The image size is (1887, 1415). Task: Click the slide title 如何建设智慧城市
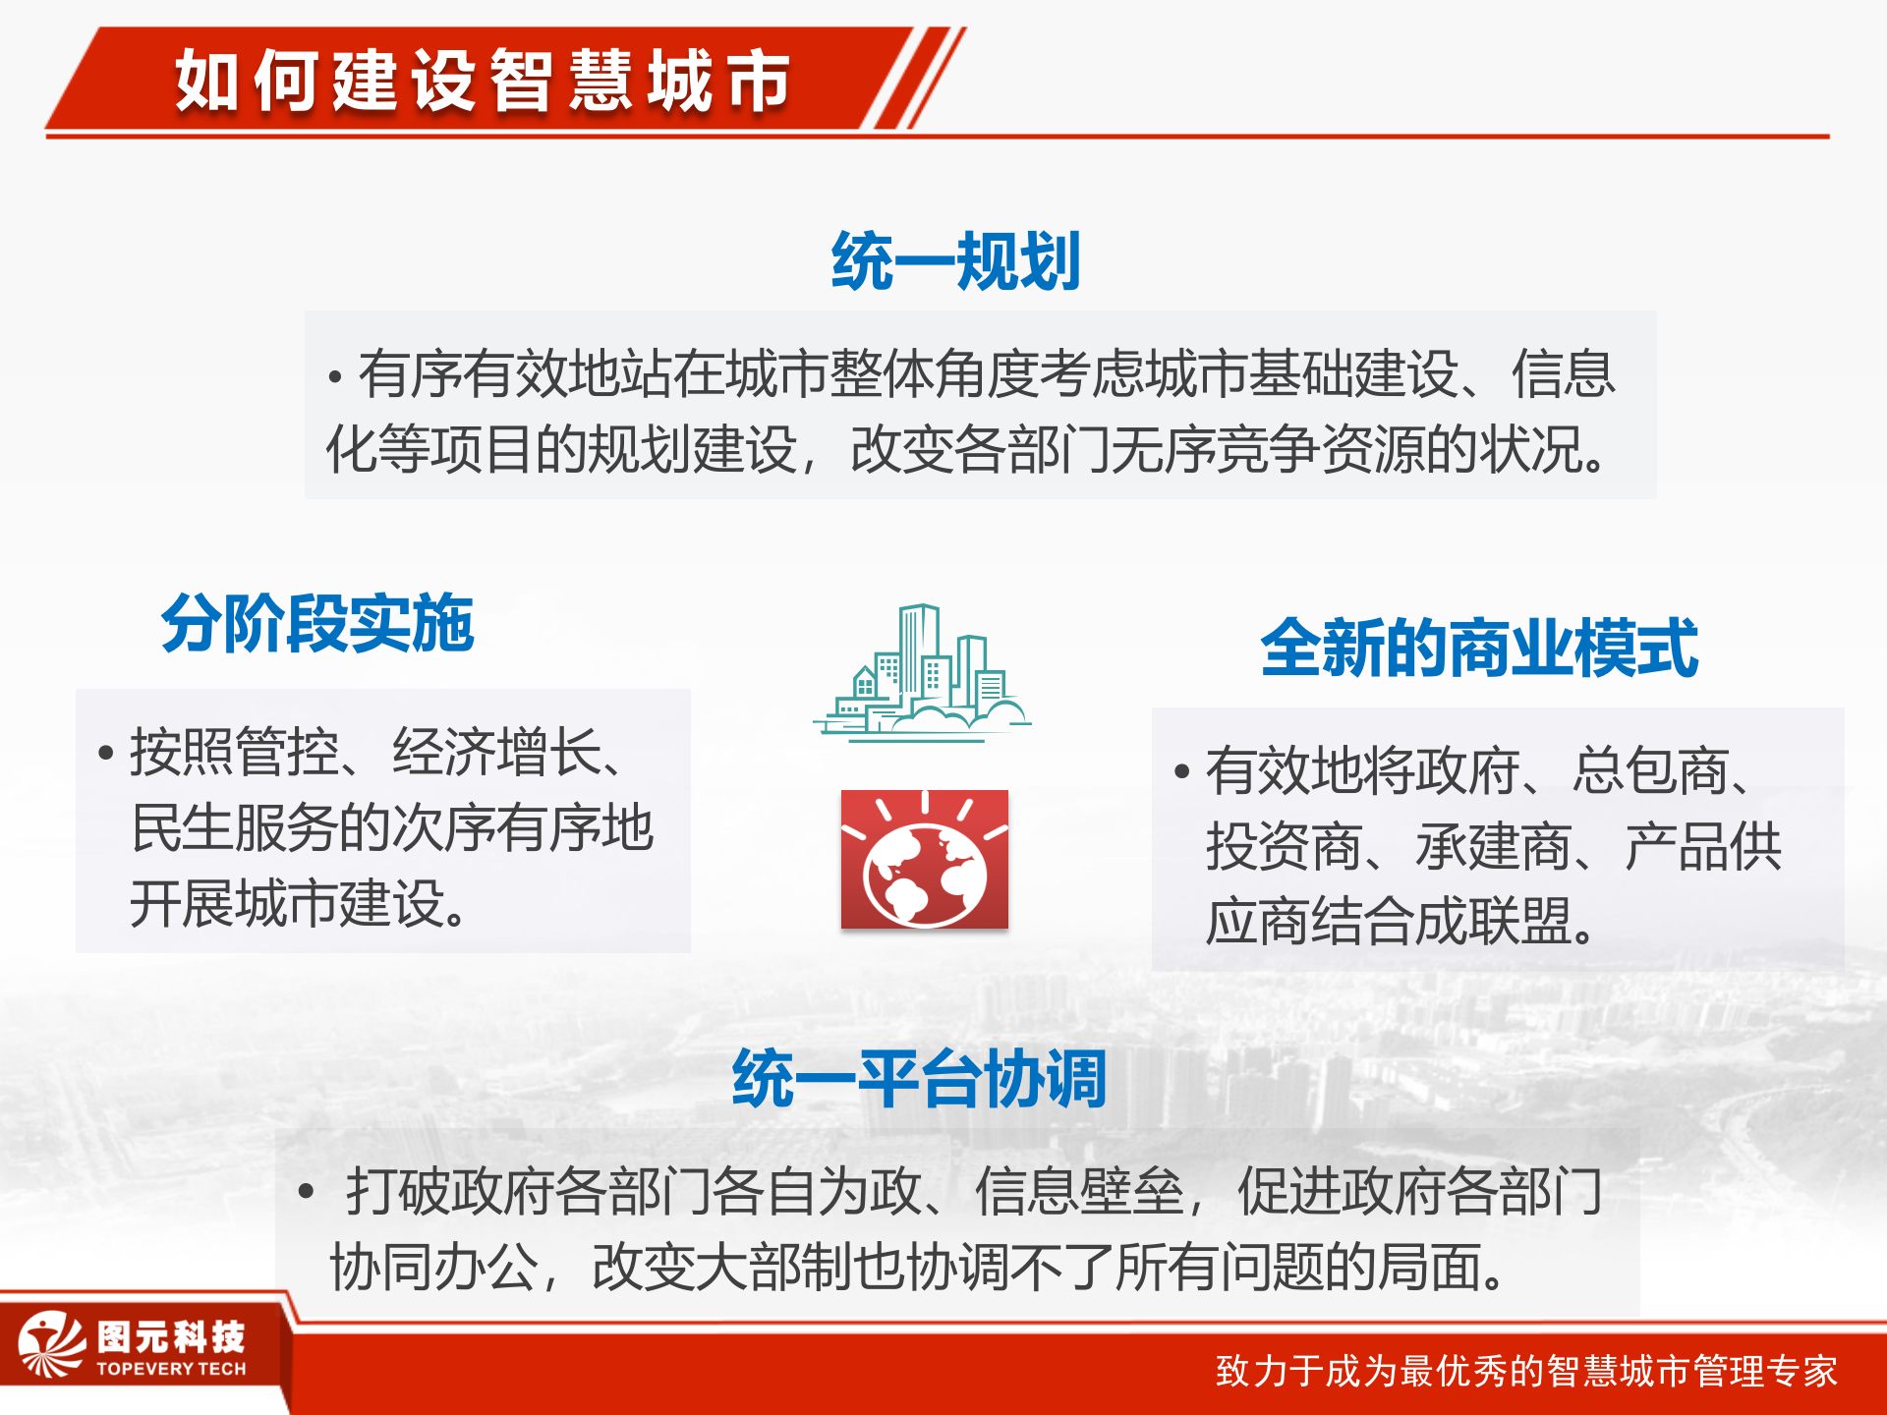point(482,81)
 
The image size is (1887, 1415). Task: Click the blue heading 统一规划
point(955,261)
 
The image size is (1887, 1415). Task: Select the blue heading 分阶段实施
point(317,623)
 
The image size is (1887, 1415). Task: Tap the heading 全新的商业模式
point(1479,648)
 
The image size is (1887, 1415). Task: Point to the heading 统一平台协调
point(919,1078)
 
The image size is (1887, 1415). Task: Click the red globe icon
point(924,860)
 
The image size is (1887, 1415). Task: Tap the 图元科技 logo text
point(171,1336)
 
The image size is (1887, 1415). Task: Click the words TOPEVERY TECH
point(171,1369)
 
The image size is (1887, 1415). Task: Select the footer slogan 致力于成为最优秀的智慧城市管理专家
point(1525,1371)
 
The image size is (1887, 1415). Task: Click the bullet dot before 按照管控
point(106,754)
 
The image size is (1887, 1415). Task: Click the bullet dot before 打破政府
point(306,1192)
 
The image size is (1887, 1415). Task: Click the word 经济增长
point(496,754)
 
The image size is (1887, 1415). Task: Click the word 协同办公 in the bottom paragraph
point(432,1268)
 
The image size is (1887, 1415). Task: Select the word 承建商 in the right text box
point(1493,846)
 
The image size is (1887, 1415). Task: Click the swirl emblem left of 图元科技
point(51,1344)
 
